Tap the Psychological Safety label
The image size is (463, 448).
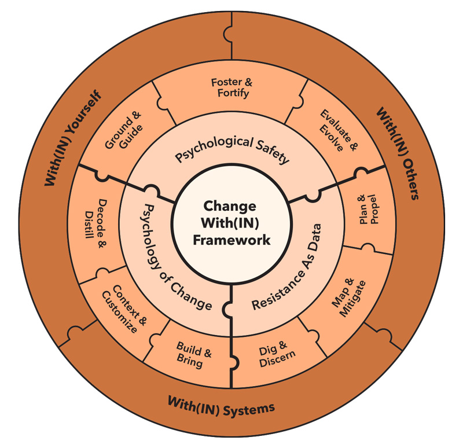[232, 149]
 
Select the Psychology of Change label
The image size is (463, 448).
[168, 255]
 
